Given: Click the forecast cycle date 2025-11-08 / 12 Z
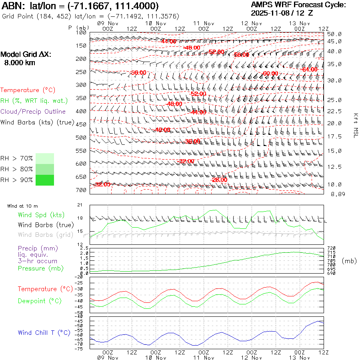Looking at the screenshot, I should (282, 13).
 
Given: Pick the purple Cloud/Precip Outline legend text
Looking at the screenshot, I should (33, 112).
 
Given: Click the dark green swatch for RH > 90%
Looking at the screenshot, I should (45, 180).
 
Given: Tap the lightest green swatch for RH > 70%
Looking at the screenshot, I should (45, 158).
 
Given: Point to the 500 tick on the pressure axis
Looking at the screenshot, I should (81, 138).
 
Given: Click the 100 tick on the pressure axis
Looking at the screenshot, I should (81, 32).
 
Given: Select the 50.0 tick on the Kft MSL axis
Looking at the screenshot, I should (334, 34).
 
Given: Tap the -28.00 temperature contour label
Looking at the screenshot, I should (219, 180).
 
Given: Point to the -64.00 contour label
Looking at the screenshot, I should (309, 69).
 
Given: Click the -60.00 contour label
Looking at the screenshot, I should (270, 74).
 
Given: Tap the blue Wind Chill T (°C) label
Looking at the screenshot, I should (44, 332).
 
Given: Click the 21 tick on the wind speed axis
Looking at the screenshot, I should (79, 205).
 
